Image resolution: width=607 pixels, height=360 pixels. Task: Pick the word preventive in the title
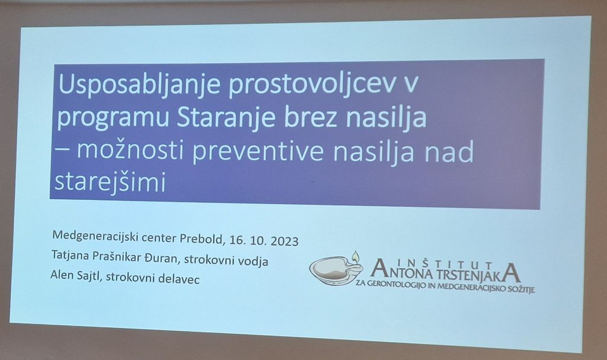[x=257, y=151]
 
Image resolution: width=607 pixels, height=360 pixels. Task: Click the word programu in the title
[x=113, y=118]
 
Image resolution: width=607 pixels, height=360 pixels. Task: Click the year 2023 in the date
[x=285, y=241]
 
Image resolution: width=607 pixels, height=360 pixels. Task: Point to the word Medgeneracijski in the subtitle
[x=95, y=235]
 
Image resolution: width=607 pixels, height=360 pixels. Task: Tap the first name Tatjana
[x=70, y=255]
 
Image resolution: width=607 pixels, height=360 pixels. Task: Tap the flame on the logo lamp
[x=356, y=256]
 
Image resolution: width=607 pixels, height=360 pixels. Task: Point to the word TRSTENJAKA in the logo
[x=478, y=273]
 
